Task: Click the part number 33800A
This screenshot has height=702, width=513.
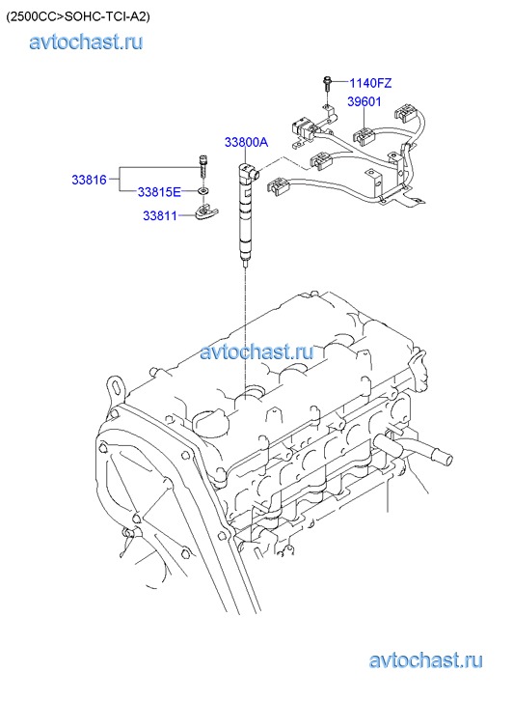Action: pos(246,142)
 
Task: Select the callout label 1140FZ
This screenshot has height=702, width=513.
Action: pos(370,83)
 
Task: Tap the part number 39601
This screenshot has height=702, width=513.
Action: pos(364,101)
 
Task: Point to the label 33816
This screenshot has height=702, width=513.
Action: pos(89,180)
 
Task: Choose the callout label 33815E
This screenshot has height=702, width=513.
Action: pos(159,192)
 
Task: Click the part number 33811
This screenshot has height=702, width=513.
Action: pos(160,215)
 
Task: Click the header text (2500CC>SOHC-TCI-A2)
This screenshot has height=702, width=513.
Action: pos(78,17)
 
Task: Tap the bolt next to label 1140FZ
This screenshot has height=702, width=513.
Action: pos(327,84)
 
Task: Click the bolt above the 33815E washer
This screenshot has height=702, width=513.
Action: pos(203,166)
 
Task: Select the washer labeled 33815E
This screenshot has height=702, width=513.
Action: pos(203,191)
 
